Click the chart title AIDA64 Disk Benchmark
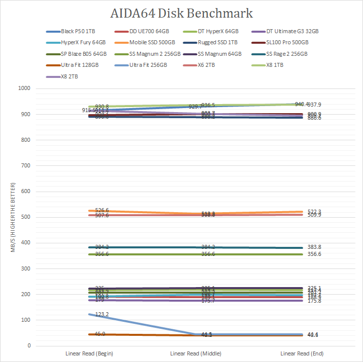tap(181, 13)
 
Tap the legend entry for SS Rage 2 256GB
tap(286, 54)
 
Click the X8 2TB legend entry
tap(69, 76)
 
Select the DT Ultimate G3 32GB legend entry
tap(292, 31)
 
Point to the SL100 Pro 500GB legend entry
tap(287, 43)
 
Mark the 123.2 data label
tap(102, 314)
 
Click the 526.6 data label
tap(102, 211)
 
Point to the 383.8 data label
tap(315, 247)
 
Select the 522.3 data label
tap(315, 212)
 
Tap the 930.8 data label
tap(102, 107)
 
